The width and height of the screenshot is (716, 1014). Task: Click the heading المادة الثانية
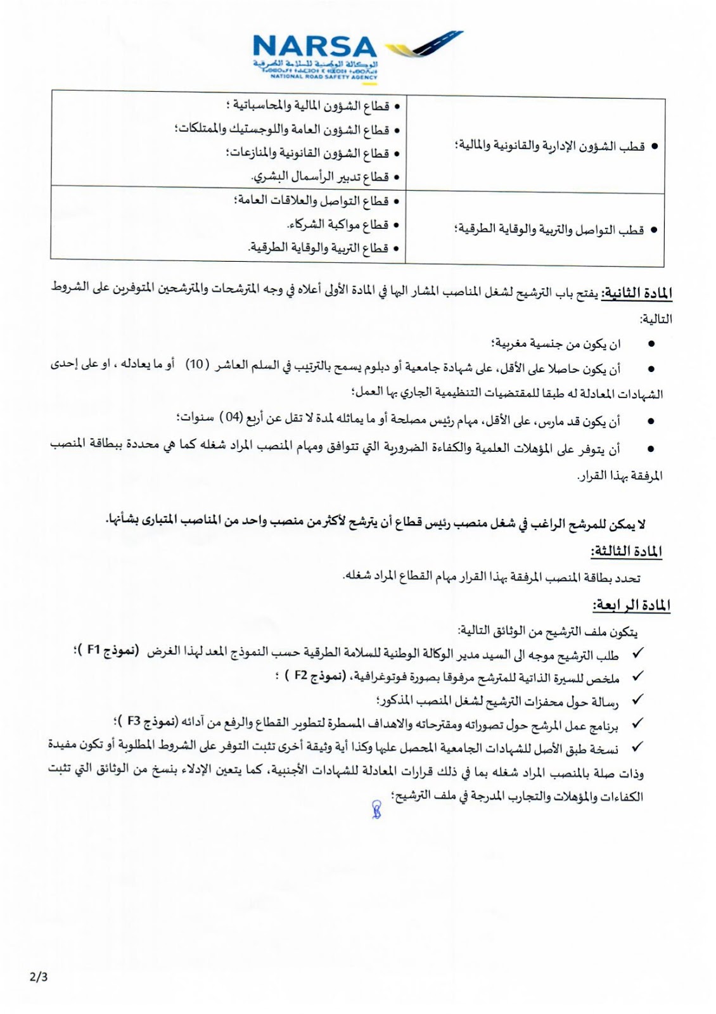(636, 293)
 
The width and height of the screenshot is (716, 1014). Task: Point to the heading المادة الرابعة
(631, 606)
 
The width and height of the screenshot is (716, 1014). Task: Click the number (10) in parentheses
(197, 365)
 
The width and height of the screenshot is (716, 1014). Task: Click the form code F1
(94, 650)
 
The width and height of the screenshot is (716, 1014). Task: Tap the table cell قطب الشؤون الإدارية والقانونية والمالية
(549, 146)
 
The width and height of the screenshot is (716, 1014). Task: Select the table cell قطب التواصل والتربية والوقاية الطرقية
(549, 229)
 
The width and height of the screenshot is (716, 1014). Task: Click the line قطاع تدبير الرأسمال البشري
(320, 177)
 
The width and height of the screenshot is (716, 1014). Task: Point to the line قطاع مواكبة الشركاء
(338, 225)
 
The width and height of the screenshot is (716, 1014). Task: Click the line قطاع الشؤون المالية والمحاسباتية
(308, 105)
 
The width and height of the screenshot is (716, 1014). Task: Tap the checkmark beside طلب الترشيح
(638, 651)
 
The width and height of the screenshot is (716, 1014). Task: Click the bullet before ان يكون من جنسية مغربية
(651, 344)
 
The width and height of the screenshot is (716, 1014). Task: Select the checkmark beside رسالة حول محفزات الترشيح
(638, 699)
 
